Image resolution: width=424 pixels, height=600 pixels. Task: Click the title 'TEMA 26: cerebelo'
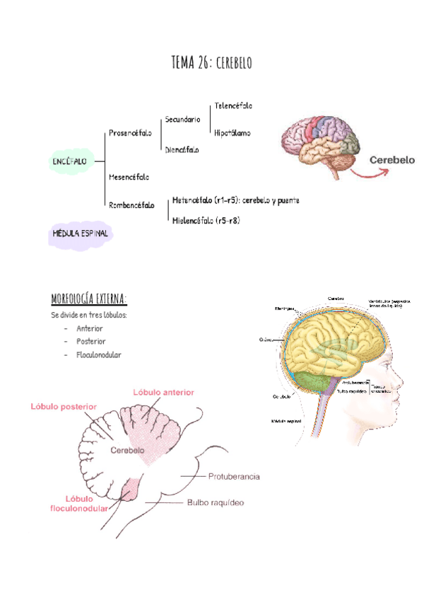pos(211,63)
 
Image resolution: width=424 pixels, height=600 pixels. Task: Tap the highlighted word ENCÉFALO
pos(70,161)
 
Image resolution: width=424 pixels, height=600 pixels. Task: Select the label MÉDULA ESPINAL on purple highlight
pos(80,233)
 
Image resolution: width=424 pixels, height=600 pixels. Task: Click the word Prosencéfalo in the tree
pos(130,133)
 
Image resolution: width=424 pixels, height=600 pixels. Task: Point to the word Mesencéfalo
pos(129,176)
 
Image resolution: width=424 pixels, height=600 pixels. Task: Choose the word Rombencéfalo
pos(131,205)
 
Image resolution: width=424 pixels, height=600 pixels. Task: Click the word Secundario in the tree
pos(182,120)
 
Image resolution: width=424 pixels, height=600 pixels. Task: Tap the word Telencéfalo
pos(232,105)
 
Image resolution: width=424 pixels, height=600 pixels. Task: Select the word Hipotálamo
pos(232,132)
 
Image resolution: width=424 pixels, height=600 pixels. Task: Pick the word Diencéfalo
pos(182,149)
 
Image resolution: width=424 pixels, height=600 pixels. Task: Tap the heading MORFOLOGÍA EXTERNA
pos(89,296)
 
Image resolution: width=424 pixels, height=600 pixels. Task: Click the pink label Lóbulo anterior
pos(163,392)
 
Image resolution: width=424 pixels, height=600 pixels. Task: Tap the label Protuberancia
pos(234,476)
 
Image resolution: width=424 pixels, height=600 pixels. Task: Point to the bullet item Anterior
pos(90,328)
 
